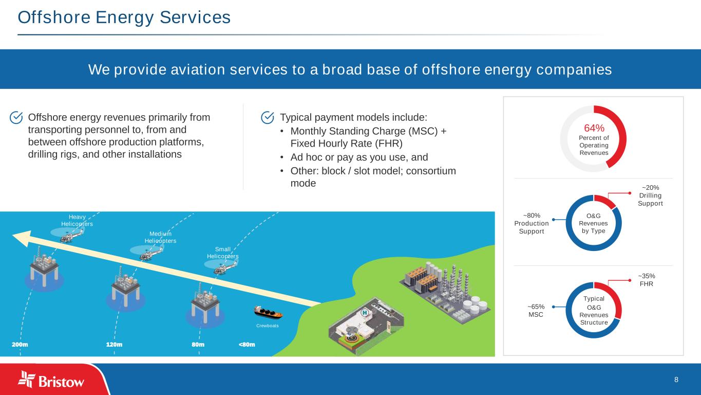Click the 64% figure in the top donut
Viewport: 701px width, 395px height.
click(594, 128)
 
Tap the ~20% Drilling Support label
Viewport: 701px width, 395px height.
click(650, 195)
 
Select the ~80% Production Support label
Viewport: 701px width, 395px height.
click(532, 224)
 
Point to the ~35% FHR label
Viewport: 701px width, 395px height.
click(646, 280)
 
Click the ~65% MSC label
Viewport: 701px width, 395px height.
click(536, 310)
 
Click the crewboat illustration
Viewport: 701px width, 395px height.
click(268, 312)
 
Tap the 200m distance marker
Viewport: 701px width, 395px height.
click(20, 344)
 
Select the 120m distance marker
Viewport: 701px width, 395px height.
click(114, 344)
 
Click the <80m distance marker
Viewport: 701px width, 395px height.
click(247, 344)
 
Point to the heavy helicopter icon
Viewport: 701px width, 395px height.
click(67, 235)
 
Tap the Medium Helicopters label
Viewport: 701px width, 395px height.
click(160, 237)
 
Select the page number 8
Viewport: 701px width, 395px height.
click(676, 380)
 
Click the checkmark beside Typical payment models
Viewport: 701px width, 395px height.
click(268, 118)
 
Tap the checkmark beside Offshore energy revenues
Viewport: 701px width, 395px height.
click(16, 118)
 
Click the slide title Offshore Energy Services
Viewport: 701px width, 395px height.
click(124, 17)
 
